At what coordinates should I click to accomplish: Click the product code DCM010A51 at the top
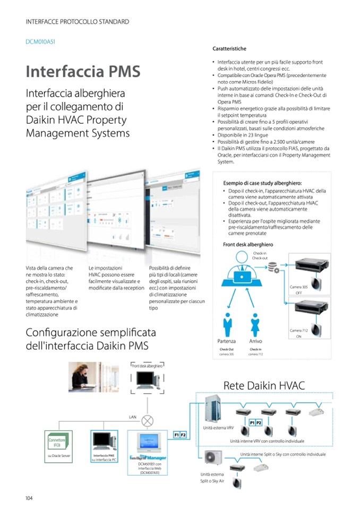[40, 41]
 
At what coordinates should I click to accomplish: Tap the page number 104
[30, 498]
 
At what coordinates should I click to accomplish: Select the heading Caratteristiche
[229, 49]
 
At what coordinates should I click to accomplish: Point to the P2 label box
[259, 422]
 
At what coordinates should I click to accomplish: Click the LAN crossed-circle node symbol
[147, 421]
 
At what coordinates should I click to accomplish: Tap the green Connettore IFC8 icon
[57, 440]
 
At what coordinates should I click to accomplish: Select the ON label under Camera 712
[298, 337]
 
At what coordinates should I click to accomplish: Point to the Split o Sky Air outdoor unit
[215, 460]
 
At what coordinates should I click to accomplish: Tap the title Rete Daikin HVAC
[264, 385]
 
